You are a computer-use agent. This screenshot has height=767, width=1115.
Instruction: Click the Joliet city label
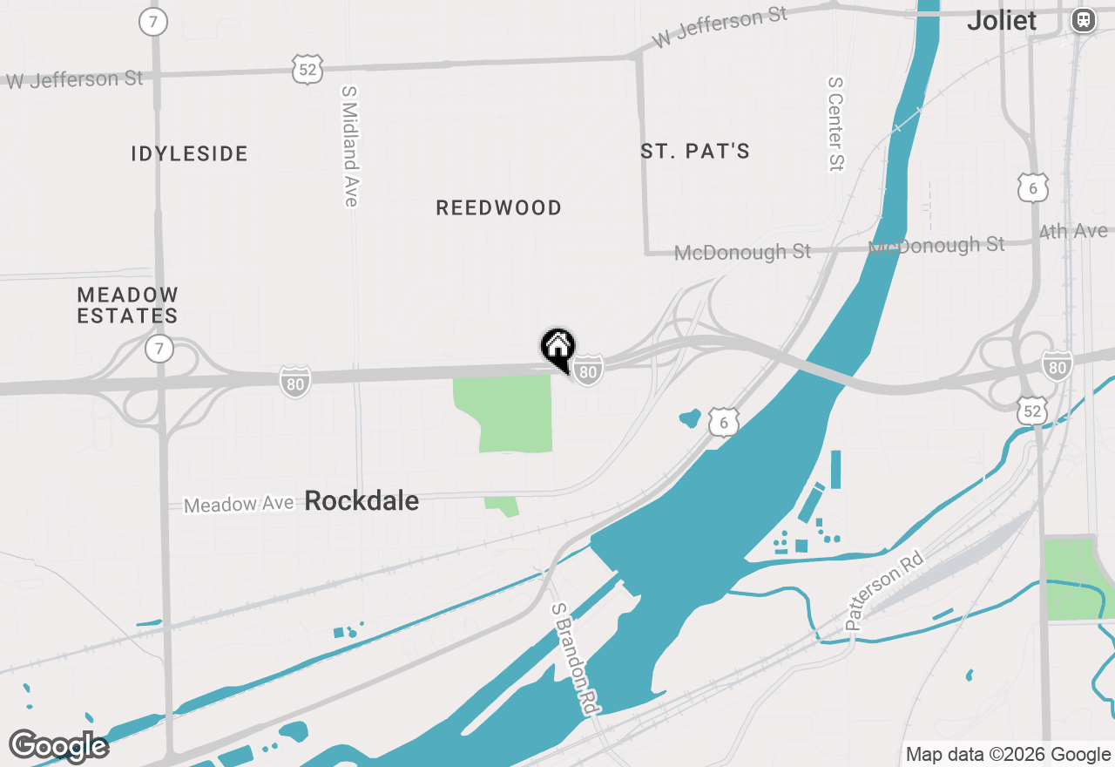click(1002, 21)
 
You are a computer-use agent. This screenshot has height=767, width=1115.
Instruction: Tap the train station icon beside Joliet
click(1084, 20)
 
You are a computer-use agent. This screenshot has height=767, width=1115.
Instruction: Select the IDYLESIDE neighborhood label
click(190, 154)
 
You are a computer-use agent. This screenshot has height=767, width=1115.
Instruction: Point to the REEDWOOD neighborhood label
click(498, 207)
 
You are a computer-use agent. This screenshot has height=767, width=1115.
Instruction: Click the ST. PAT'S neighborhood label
click(695, 152)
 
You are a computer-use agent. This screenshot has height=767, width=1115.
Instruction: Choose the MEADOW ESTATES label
click(128, 305)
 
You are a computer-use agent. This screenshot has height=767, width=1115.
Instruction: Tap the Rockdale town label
click(362, 501)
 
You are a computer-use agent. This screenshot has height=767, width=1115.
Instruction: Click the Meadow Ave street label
click(239, 504)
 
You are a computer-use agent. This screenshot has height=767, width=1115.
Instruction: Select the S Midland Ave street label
click(350, 146)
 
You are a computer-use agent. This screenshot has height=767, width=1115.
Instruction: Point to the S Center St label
click(836, 123)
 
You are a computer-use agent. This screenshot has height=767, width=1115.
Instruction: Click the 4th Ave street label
click(1074, 232)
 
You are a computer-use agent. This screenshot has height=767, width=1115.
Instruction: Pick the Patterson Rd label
click(883, 588)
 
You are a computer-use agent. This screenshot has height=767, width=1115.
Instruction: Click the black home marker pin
click(557, 347)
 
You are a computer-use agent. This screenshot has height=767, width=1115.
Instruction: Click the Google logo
click(58, 747)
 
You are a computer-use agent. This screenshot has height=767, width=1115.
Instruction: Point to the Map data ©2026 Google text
click(1008, 755)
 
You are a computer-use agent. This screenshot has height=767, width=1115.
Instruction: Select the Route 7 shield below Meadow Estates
click(159, 350)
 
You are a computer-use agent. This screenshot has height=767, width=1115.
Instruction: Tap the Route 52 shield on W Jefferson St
click(307, 69)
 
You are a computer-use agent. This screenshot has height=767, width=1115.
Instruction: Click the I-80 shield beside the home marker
click(589, 371)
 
